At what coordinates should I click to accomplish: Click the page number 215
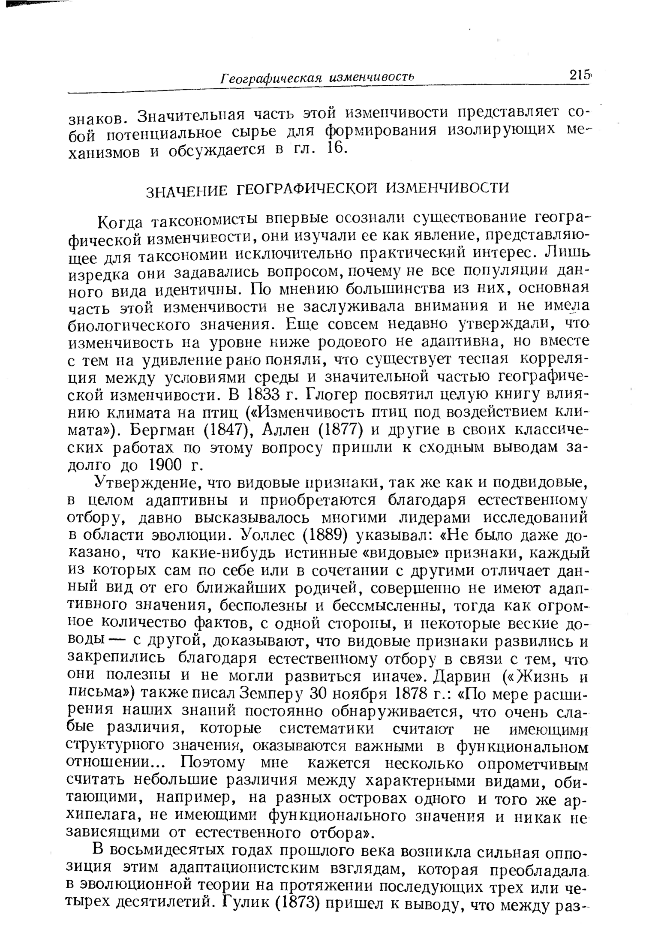(579, 76)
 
